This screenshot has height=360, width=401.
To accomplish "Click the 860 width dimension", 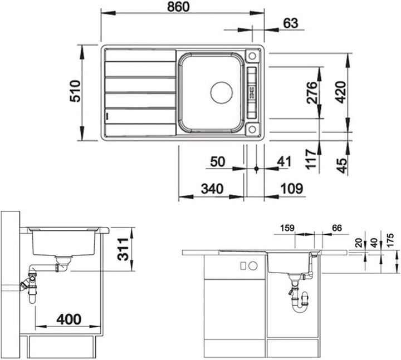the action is click(x=178, y=7).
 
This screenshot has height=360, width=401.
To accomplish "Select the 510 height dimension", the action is click(x=75, y=91).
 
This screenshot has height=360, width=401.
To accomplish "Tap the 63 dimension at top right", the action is click(x=291, y=23).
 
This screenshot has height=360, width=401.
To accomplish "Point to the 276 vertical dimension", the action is click(x=312, y=92).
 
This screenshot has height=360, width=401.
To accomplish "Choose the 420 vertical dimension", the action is click(x=341, y=92).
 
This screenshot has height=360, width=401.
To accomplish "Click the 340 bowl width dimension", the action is click(x=212, y=189).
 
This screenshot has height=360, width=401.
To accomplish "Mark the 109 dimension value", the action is click(x=292, y=189).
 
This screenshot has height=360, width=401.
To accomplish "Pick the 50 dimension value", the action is click(x=218, y=162).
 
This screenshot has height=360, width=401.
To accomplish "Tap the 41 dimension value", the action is click(x=284, y=162).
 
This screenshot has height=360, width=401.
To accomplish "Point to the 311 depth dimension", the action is click(x=123, y=249).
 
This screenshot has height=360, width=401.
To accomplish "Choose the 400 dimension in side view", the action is click(x=69, y=319).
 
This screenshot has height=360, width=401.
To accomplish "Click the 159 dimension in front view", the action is click(x=287, y=228).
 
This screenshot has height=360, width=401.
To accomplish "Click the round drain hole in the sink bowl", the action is click(x=222, y=92).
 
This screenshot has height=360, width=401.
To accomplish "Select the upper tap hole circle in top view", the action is click(x=252, y=56).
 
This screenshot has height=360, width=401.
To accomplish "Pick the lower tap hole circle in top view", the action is click(x=252, y=129).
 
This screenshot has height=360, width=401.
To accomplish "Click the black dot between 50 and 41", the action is click(x=257, y=169).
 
